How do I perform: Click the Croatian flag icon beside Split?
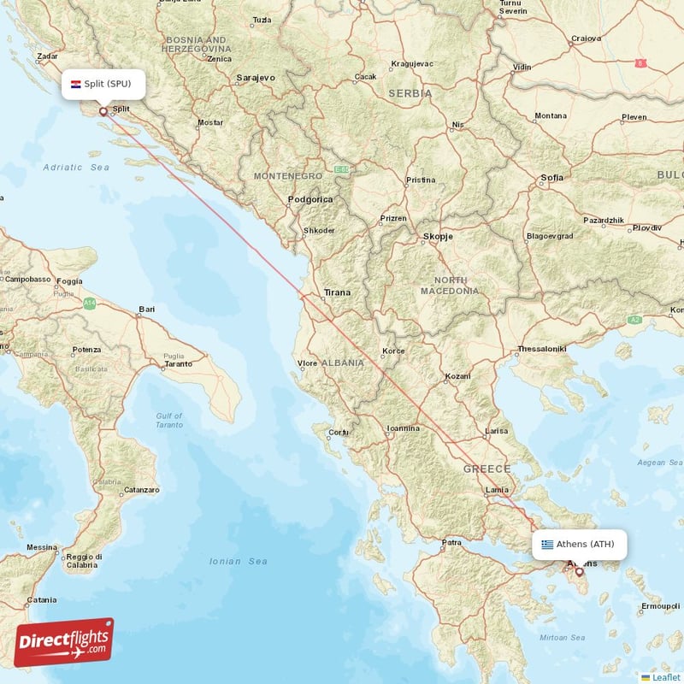click(76, 84)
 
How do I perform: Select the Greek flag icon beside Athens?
click(547, 544)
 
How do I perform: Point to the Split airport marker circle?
click(103, 110)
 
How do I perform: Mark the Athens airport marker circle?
click(579, 571)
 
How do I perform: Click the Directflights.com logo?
click(62, 642)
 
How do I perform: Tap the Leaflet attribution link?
click(665, 676)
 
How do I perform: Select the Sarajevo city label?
click(256, 78)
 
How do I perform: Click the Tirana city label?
click(337, 292)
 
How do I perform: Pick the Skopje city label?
click(436, 236)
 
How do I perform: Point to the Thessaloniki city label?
click(541, 349)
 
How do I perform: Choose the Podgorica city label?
click(310, 199)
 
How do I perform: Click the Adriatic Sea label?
click(76, 168)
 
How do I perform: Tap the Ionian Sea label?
click(238, 561)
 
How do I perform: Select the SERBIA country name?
click(409, 92)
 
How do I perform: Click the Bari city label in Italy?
click(147, 309)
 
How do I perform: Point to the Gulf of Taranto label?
click(169, 420)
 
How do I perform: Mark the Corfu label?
click(339, 432)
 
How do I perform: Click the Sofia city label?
click(552, 178)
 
